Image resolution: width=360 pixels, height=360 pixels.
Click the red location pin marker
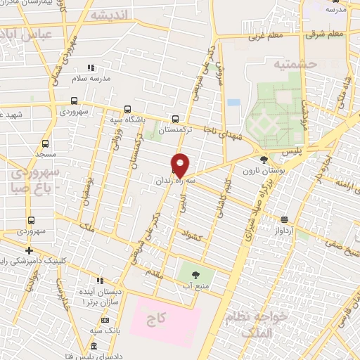(x=181, y=164)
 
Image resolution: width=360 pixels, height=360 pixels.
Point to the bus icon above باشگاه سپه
(x=127, y=108)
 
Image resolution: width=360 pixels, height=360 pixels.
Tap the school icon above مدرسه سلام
(x=91, y=67)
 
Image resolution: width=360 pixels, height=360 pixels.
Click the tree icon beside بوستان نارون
(x=264, y=160)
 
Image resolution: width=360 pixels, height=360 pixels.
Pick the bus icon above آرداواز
(x=284, y=219)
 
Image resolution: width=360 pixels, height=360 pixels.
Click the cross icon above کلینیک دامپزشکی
(x=29, y=250)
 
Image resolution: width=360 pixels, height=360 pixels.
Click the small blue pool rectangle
(x=233, y=103)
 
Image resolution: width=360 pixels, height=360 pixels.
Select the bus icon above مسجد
(x=46, y=143)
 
